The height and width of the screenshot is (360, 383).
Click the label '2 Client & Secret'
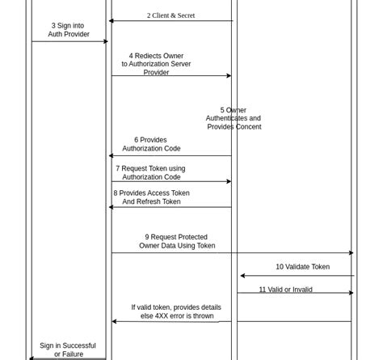[170, 15]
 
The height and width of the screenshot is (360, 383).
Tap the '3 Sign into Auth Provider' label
[69, 30]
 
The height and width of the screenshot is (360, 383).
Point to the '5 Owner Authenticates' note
[234, 118]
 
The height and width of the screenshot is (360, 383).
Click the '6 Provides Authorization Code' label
[151, 144]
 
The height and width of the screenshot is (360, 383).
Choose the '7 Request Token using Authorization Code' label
[151, 173]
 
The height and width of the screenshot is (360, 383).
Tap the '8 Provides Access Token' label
[151, 197]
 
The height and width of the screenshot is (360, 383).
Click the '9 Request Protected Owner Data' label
[177, 241]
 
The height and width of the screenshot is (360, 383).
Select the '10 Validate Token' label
[302, 267]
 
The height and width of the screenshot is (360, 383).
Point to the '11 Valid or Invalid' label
[285, 290]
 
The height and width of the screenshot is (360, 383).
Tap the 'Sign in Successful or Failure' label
[68, 349]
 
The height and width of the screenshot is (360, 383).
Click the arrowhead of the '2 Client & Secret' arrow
[112, 21]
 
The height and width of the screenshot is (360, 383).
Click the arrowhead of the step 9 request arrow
[351, 253]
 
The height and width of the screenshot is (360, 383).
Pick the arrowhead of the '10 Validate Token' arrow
[243, 276]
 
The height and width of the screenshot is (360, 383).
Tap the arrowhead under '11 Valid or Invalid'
[351, 293]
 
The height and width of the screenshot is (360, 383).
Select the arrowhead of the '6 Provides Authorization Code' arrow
[112, 156]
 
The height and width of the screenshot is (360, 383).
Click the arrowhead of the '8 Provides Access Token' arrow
[112, 207]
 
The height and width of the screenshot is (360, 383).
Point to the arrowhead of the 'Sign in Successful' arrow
[32, 358]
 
